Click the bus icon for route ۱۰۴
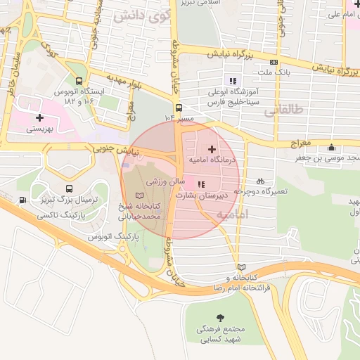pyautogui.click(x=179, y=108)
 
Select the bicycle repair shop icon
pyautogui.click(x=260, y=180)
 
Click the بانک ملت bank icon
pyautogui.click(x=283, y=62)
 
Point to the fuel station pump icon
pyautogui.click(x=25, y=200)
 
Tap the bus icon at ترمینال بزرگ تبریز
pyautogui.click(x=69, y=188)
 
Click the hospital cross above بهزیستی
pyautogui.click(x=40, y=117)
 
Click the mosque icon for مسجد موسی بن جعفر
pyautogui.click(x=331, y=147)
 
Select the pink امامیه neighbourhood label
pyautogui.click(x=232, y=214)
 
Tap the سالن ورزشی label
pyautogui.click(x=166, y=181)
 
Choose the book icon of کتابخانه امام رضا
pyautogui.click(x=242, y=267)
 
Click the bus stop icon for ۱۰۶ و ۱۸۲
pyautogui.click(x=79, y=81)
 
